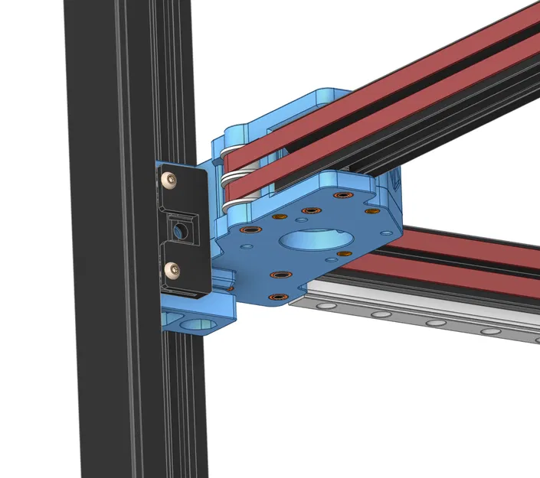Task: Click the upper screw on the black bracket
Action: pos(169,180)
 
